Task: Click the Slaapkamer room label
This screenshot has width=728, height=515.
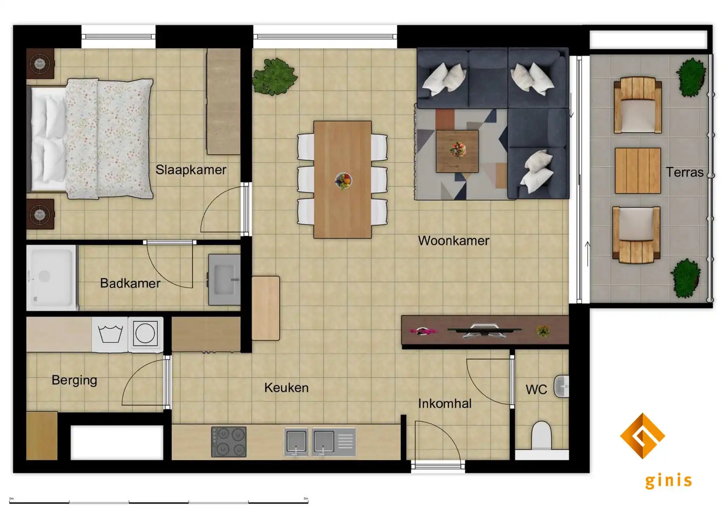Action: click(191, 170)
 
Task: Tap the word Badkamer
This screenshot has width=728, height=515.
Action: click(130, 283)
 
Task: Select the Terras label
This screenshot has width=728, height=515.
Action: click(684, 172)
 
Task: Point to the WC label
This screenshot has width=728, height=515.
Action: click(536, 389)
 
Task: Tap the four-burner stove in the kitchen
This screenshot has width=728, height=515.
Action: click(229, 442)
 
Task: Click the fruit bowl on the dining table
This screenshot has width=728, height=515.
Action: click(343, 181)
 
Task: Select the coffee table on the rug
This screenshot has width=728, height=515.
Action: click(457, 151)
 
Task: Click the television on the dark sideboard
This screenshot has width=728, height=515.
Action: click(484, 330)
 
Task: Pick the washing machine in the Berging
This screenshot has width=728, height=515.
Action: click(110, 334)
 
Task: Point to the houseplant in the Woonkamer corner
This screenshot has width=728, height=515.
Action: click(275, 76)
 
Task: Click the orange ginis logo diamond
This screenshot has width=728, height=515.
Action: click(642, 436)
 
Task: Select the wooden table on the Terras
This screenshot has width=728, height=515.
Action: click(637, 171)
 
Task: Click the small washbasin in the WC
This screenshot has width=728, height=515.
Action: click(562, 386)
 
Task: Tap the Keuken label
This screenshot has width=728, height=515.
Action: click(286, 388)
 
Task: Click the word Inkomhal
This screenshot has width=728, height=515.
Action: click(444, 403)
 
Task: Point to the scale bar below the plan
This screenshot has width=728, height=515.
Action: click(159, 502)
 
